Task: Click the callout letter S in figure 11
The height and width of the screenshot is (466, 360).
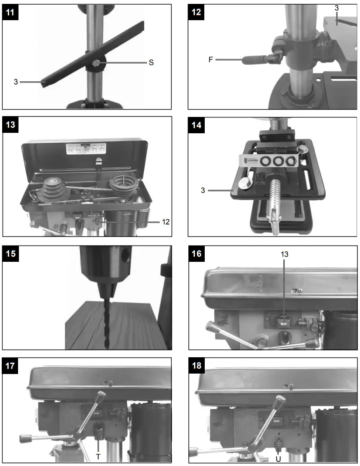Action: point(151,63)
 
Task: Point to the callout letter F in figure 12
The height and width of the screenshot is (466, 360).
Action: point(211,60)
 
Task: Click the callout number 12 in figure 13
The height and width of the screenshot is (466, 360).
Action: point(166,222)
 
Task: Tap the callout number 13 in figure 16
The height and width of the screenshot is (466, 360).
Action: point(284,254)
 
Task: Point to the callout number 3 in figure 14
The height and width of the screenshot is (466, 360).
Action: point(203,189)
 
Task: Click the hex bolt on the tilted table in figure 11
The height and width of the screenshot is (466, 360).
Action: point(95,64)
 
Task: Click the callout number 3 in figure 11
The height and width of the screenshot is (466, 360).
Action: point(15,81)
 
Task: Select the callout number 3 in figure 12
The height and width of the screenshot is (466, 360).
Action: point(336,9)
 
